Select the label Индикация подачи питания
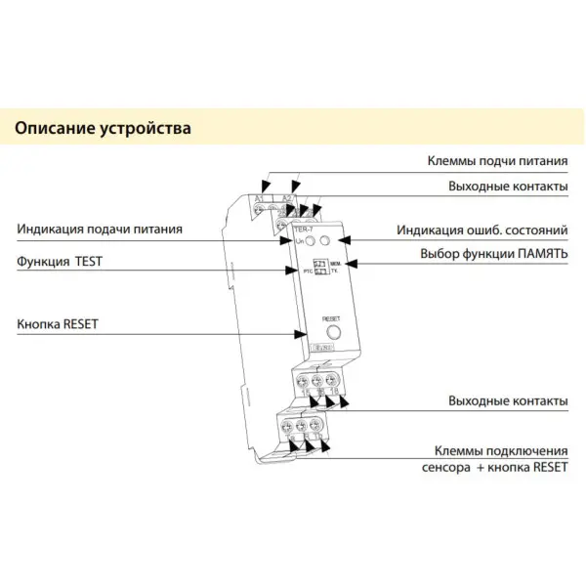click(100, 230)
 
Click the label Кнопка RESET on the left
click(58, 323)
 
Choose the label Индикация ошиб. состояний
click(481, 230)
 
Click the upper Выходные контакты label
click(508, 185)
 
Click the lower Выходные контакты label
click(508, 401)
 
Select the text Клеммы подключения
click(500, 451)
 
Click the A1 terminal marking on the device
click(260, 198)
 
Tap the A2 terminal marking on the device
click(287, 198)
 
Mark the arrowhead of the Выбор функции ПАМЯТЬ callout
click(354, 263)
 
